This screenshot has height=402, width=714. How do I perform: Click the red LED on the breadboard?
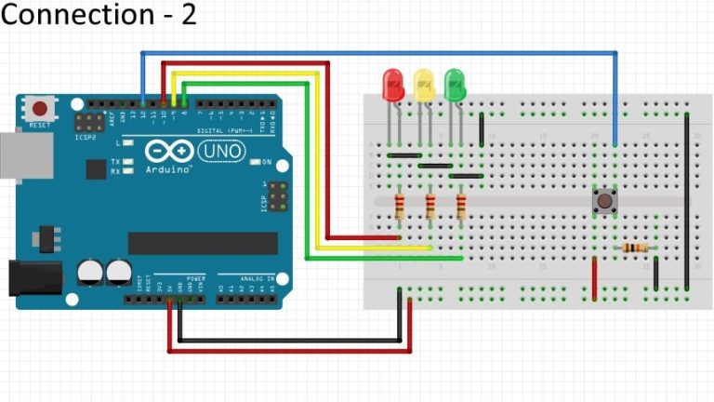pyautogui.click(x=392, y=86)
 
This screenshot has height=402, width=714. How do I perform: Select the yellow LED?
pyautogui.click(x=424, y=86)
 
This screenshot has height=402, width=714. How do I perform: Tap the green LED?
pyautogui.click(x=455, y=86)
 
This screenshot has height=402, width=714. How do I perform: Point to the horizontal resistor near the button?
pyautogui.click(x=635, y=248)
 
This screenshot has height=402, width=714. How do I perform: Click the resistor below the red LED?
pyautogui.click(x=400, y=207)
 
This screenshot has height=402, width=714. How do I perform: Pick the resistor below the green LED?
pyautogui.click(x=461, y=207)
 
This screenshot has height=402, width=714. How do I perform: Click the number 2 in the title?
pyautogui.click(x=189, y=16)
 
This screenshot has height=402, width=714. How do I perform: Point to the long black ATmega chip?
pyautogui.click(x=203, y=243)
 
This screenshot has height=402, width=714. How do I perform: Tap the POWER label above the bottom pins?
pyautogui.click(x=196, y=278)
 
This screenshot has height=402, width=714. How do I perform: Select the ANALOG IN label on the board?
pyautogui.click(x=258, y=278)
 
